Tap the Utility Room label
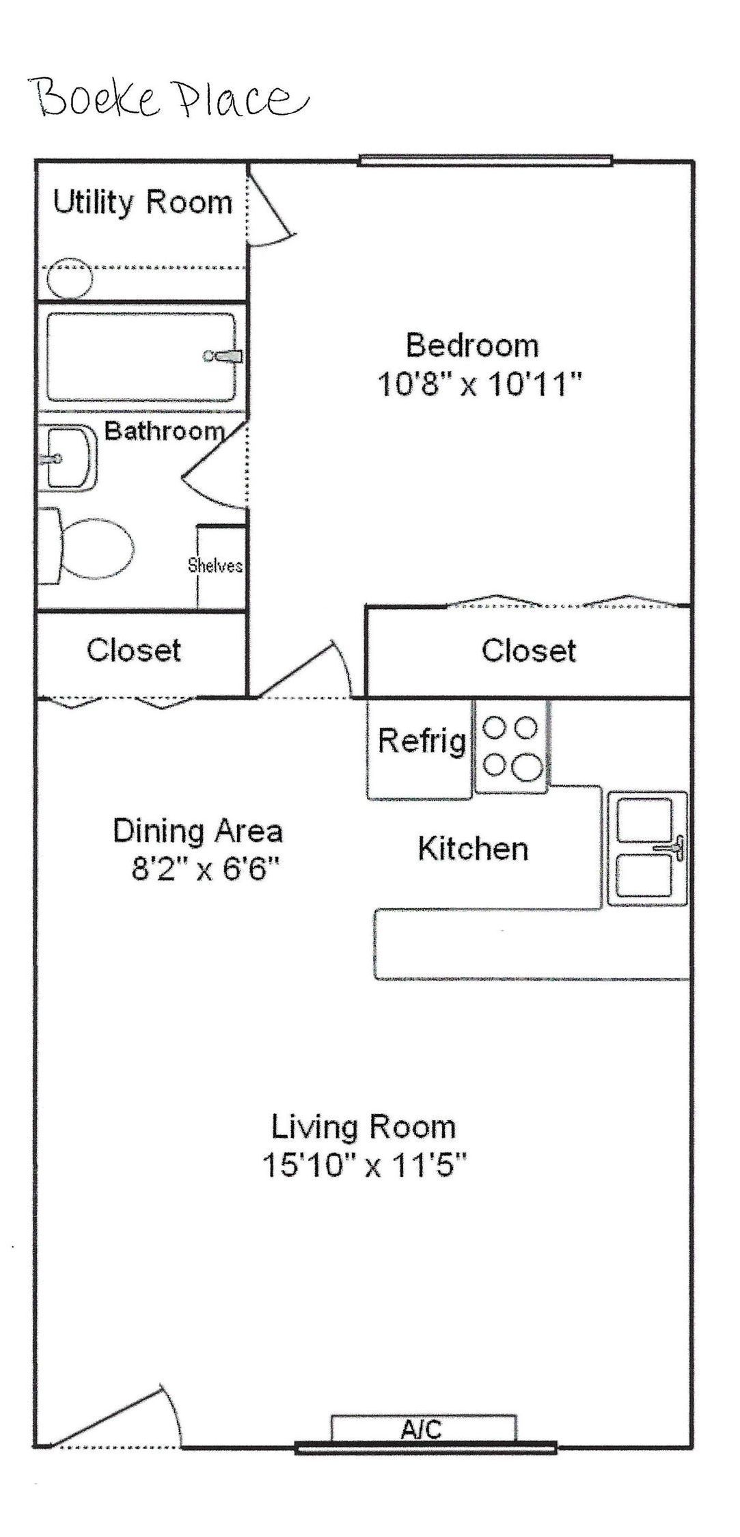pyautogui.click(x=143, y=203)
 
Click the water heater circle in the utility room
pyautogui.click(x=69, y=277)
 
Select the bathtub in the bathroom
pyautogui.click(x=142, y=357)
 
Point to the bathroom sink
pyautogui.click(x=67, y=457)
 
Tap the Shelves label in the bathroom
pyautogui.click(x=215, y=565)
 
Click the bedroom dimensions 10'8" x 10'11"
pyautogui.click(x=479, y=385)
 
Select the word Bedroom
pyautogui.click(x=472, y=345)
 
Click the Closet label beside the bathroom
pyautogui.click(x=134, y=650)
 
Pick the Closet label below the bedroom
pyautogui.click(x=529, y=650)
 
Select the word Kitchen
pyautogui.click(x=473, y=849)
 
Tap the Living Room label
pyautogui.click(x=364, y=1127)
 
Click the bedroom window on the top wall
pyautogui.click(x=485, y=161)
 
